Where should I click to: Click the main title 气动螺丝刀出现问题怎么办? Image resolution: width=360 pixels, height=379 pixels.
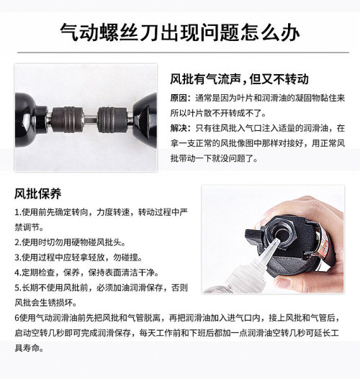(180, 32)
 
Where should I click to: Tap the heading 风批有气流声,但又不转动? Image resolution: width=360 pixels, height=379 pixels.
(239, 79)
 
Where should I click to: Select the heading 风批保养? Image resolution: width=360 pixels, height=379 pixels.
(37, 193)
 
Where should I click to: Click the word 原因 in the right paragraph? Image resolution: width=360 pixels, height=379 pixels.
(179, 98)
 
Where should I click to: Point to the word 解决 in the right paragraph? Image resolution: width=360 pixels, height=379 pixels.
(179, 128)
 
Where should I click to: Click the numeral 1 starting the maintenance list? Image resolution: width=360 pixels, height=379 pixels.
(17, 212)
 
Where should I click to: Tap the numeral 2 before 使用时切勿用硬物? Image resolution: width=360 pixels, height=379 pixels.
(17, 242)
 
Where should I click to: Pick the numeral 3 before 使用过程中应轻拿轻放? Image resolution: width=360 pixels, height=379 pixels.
(17, 257)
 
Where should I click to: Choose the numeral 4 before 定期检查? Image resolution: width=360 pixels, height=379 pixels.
(17, 273)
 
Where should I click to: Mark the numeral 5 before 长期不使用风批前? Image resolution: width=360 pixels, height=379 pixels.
(17, 288)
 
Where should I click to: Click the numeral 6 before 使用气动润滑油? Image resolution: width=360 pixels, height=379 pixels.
(17, 318)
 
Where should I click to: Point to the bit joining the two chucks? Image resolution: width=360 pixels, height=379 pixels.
(90, 119)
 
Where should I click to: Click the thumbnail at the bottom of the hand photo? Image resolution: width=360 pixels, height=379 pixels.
(285, 282)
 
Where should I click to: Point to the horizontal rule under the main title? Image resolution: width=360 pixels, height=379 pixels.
(183, 52)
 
